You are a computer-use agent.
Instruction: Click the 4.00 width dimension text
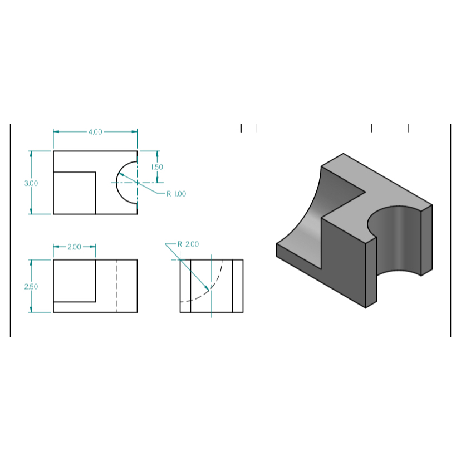[95, 132]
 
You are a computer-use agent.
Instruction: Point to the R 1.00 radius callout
[176, 194]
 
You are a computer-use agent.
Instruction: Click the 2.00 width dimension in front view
[74, 247]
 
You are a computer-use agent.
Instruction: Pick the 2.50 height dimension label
[31, 286]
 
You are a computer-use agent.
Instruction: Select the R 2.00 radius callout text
[188, 244]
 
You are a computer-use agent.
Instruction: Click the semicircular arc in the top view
[117, 182]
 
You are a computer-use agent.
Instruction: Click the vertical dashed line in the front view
[116, 286]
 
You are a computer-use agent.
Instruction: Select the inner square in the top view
[74, 193]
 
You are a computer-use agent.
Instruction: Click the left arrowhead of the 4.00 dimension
[56, 132]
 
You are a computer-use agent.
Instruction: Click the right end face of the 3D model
[426, 239]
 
